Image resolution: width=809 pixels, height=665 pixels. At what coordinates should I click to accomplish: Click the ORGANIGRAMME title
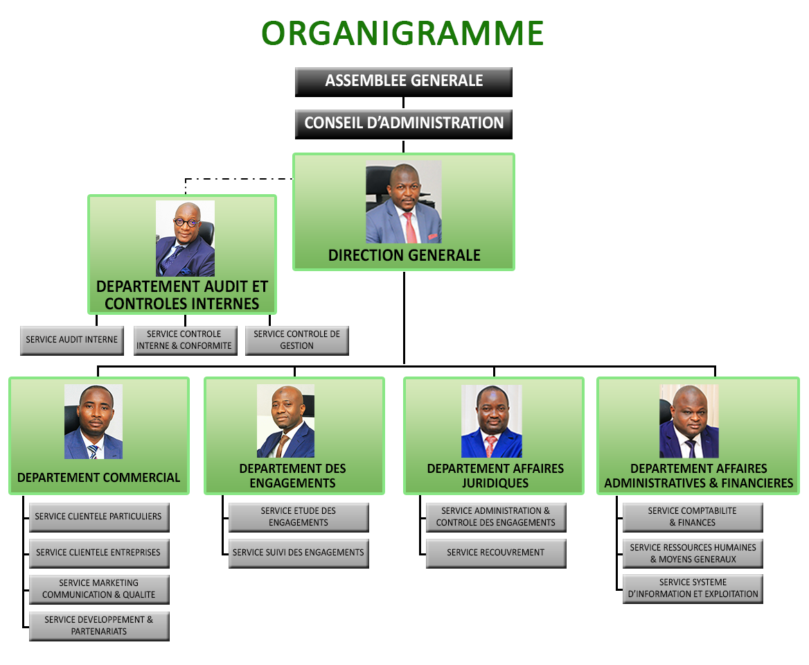(x=402, y=33)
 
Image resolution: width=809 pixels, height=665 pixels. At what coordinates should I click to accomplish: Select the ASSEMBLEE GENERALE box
(x=404, y=82)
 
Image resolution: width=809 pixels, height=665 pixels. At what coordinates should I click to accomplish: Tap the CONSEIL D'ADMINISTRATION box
(x=404, y=124)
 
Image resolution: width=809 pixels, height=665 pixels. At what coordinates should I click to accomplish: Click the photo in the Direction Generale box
(x=404, y=202)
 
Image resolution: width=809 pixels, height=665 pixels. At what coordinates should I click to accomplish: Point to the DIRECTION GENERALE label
(x=404, y=255)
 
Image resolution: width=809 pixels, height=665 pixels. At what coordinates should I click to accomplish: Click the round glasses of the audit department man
(x=186, y=223)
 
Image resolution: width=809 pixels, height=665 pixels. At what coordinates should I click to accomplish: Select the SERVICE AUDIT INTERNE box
(x=72, y=340)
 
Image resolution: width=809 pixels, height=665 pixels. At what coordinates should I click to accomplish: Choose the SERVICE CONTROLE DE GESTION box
(x=296, y=340)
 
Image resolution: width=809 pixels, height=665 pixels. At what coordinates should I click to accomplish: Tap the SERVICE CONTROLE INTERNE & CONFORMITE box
(x=184, y=340)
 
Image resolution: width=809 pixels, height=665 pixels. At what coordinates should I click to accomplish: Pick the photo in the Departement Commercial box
(x=94, y=421)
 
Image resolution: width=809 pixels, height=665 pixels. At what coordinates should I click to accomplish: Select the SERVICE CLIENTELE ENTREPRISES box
(x=99, y=553)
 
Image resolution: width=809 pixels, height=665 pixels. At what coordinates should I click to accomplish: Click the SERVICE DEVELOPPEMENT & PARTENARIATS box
(x=99, y=625)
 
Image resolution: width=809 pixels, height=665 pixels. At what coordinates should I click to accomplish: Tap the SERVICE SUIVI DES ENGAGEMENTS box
(x=299, y=553)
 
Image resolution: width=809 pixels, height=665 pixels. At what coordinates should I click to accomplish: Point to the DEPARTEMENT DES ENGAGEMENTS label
(x=292, y=476)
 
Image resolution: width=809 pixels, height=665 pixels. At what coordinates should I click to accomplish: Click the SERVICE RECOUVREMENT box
(x=496, y=553)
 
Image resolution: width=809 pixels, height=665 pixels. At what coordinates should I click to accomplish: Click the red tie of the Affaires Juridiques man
(x=490, y=445)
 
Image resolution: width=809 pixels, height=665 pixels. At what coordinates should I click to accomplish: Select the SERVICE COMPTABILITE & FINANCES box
(x=693, y=517)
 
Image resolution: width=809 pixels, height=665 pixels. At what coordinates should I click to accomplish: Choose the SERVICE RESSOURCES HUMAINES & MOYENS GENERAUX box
(x=693, y=553)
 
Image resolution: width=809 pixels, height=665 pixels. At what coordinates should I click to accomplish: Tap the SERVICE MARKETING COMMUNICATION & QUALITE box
(x=99, y=589)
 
